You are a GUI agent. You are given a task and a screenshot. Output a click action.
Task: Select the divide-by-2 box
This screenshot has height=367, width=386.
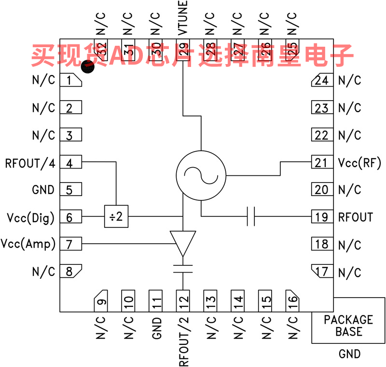116,217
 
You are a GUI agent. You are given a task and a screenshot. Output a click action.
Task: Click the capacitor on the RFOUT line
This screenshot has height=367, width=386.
250,217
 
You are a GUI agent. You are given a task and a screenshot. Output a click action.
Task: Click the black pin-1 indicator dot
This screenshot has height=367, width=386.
88,66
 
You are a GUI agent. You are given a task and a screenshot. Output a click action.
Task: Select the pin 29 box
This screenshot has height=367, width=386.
183,48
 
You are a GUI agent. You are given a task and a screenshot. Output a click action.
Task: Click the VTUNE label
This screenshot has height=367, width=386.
183,18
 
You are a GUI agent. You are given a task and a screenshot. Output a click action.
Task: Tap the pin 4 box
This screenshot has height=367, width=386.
70,163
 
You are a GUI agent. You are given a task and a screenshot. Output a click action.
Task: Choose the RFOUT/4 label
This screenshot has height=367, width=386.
30,163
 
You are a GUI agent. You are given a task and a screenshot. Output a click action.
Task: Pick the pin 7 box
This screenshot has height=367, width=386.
70,244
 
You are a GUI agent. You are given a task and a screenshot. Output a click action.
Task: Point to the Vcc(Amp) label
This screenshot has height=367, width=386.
28,244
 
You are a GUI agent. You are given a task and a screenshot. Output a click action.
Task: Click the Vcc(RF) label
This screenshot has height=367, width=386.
359,163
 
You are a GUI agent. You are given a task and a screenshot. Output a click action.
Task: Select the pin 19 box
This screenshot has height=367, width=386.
321,217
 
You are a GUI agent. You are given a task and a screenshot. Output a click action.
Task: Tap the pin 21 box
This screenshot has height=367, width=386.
321,163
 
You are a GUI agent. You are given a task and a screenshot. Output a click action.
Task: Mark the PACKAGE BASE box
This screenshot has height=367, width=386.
348,326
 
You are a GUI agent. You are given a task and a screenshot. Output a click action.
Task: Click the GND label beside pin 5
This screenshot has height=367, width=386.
43,190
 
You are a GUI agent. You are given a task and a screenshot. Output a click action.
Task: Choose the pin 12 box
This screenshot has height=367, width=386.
183,301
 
